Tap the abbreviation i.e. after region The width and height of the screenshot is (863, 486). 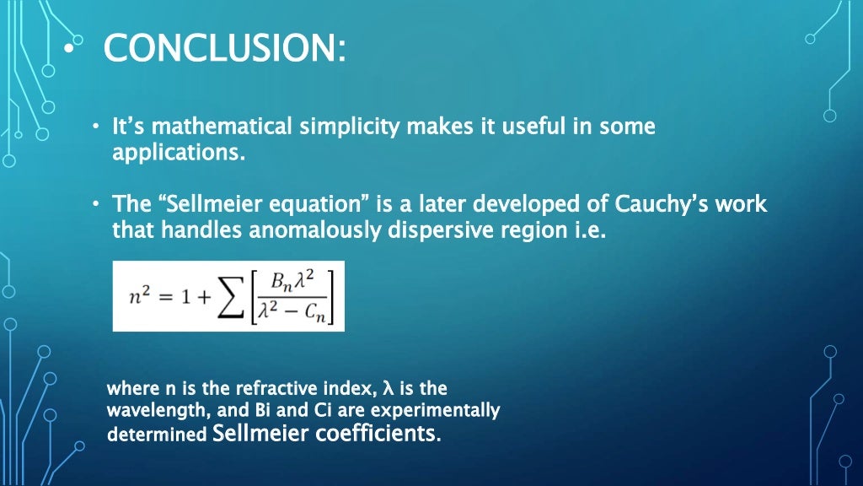tap(588, 229)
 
